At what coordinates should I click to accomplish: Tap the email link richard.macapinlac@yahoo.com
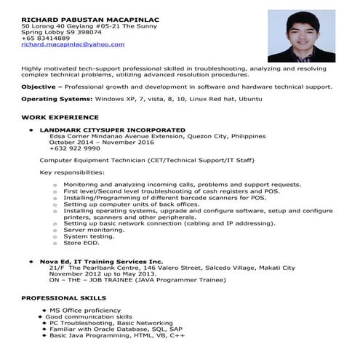(73, 45)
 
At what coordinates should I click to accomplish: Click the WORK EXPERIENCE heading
(60, 117)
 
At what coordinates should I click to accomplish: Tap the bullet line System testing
(88, 236)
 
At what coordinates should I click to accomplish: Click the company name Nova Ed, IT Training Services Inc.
(101, 260)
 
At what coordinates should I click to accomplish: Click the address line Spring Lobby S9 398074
(61, 32)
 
